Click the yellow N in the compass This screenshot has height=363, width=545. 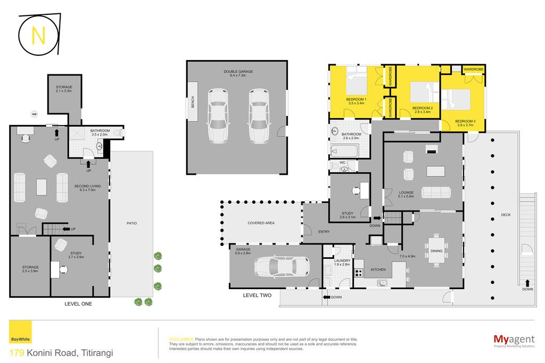[38, 36]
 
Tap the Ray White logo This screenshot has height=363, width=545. [20, 332]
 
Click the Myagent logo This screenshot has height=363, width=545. [514, 341]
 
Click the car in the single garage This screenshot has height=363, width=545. [282, 266]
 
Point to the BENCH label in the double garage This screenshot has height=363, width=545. [193, 102]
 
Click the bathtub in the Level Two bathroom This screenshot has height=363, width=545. [344, 151]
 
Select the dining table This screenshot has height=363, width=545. [436, 250]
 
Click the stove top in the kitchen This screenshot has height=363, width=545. [358, 273]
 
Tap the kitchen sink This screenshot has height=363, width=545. [382, 283]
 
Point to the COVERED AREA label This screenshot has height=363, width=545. [261, 223]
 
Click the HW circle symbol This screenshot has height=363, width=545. [34, 114]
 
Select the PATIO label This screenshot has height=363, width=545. [132, 223]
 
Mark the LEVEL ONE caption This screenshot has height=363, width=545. [78, 303]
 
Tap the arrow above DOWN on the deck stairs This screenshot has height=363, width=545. [527, 283]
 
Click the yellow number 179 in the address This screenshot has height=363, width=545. [16, 353]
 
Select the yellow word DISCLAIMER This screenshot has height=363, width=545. [181, 339]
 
